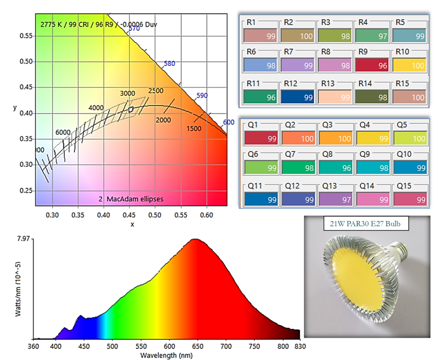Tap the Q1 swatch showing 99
[261, 139]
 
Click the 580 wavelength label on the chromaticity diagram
[169, 64]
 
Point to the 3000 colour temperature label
[127, 93]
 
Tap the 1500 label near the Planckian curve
[194, 129]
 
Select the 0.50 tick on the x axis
[155, 215]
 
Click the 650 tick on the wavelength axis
[284, 347]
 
